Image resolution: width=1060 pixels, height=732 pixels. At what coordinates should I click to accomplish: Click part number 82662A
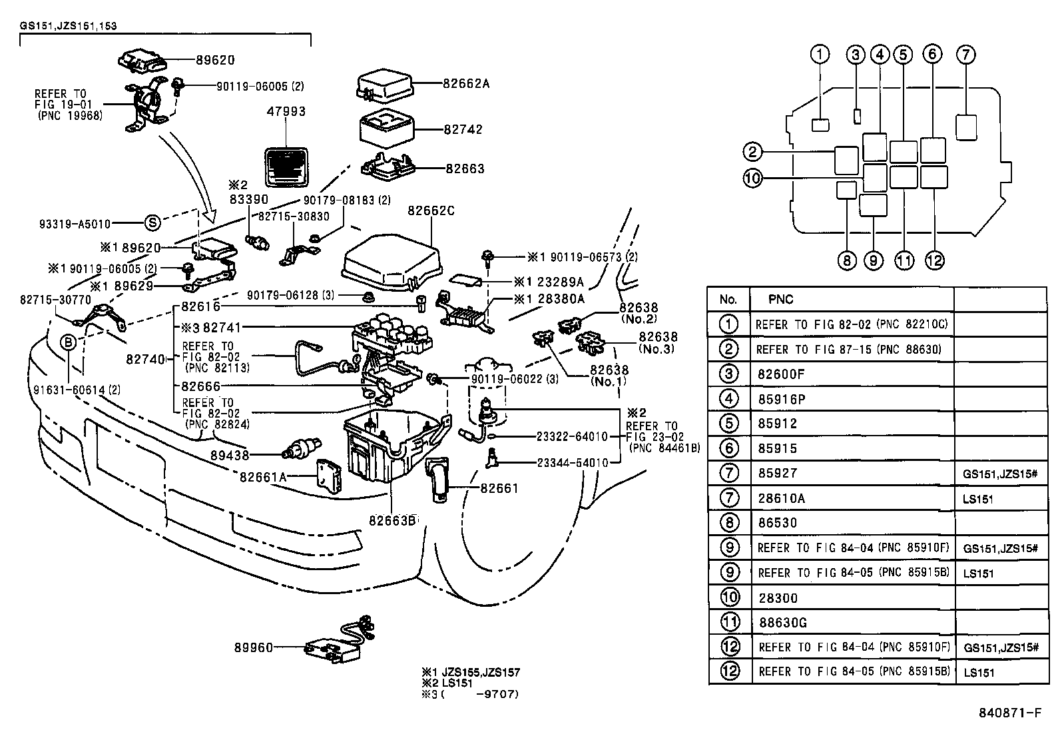pos(466,84)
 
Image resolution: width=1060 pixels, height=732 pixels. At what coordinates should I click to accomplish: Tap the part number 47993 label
pos(286,112)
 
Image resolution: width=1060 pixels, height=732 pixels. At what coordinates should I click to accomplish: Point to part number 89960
pos(253,647)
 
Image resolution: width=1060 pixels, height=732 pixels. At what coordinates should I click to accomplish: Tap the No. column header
pos(728,300)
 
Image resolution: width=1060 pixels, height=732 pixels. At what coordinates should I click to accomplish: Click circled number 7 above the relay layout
pos(965,55)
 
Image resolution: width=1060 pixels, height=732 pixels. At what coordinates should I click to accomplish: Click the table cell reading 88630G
pos(782,623)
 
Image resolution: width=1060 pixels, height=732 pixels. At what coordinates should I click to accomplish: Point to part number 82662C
pos(431,211)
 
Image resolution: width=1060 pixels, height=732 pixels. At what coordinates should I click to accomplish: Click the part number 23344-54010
pos(572,462)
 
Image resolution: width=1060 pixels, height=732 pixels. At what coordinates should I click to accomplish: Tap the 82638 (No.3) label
pos(657,342)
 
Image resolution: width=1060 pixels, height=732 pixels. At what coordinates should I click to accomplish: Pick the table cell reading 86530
pos(777,523)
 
